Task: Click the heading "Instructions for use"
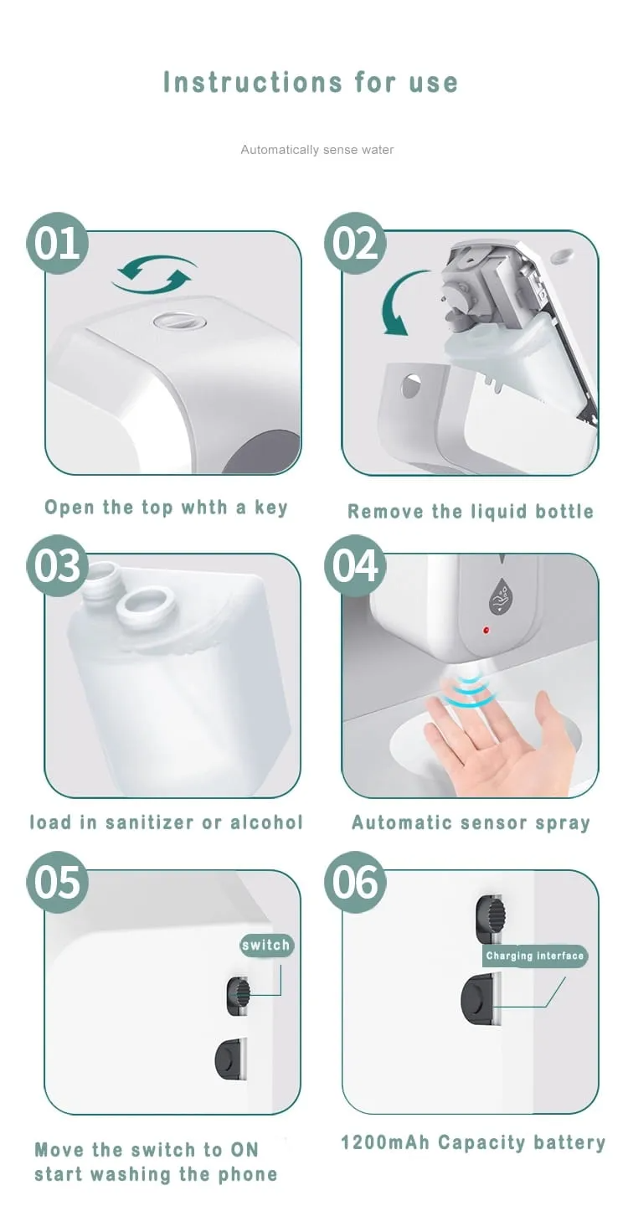[311, 82]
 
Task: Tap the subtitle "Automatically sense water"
[317, 150]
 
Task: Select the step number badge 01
[57, 244]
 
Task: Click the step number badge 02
[355, 244]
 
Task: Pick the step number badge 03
[57, 565]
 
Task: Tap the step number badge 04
[355, 565]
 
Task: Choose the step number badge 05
[57, 882]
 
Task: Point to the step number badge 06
[355, 882]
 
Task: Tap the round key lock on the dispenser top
[180, 322]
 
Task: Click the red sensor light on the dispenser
[486, 630]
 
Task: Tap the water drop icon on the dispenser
[501, 597]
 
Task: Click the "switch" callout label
[266, 945]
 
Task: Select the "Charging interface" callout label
[534, 956]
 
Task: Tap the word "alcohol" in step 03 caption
[266, 822]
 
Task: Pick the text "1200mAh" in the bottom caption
[385, 1142]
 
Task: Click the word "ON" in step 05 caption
[245, 1149]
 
